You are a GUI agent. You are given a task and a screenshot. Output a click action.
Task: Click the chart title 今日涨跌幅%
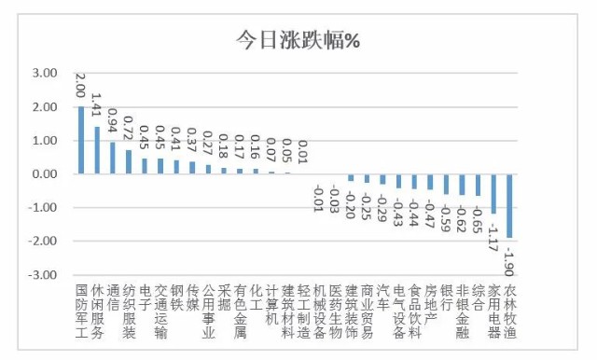[x=298, y=40]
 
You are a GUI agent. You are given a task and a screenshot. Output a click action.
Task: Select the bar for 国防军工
[x=81, y=140]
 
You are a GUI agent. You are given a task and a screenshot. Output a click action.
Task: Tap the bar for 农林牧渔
[x=509, y=205]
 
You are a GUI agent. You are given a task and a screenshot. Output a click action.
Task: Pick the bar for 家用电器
[x=493, y=194]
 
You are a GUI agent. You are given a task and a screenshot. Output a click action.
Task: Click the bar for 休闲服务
[x=97, y=150]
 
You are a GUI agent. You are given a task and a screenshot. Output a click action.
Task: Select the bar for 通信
[x=113, y=158]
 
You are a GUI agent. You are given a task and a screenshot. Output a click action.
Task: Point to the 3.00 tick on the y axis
[x=45, y=73]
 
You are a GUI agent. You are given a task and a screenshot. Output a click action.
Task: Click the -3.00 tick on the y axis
[x=43, y=275]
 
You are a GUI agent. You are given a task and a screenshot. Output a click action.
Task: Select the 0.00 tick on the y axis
[x=45, y=174]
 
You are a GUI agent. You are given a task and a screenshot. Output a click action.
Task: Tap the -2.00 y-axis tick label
[x=43, y=242]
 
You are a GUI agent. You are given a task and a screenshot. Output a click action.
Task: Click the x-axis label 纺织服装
[x=129, y=311]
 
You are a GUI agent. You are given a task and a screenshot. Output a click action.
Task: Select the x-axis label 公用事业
[x=208, y=311]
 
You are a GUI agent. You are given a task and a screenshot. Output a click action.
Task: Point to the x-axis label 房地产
[x=430, y=304]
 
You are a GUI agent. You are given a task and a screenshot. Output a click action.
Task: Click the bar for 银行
[x=446, y=184]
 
